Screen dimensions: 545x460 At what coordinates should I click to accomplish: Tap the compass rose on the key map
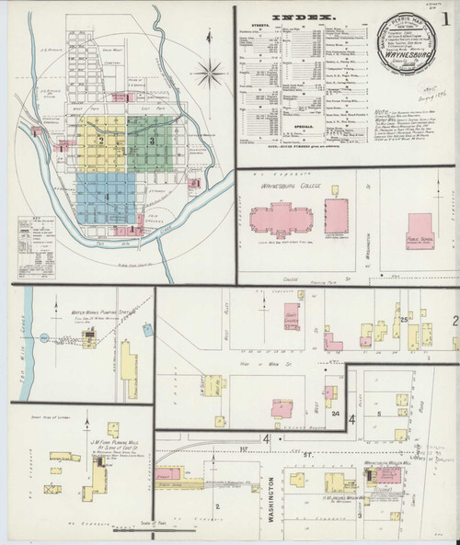click(210, 73)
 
